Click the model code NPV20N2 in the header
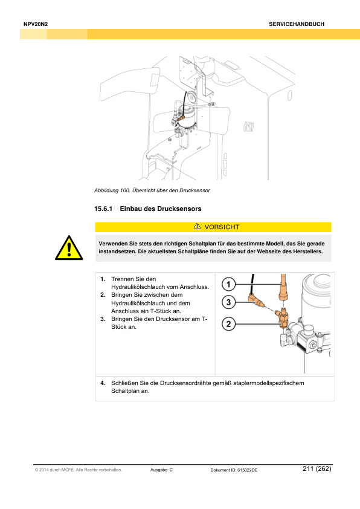click(x=36, y=24)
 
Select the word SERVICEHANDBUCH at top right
click(x=297, y=24)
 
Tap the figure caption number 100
click(x=125, y=190)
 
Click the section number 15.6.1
click(x=103, y=209)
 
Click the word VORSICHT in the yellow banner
click(x=222, y=227)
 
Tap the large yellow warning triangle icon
click(x=69, y=248)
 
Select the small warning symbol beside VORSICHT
click(x=197, y=226)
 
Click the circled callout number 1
click(x=229, y=284)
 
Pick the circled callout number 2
click(x=229, y=323)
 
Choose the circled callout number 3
click(x=229, y=302)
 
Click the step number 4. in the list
click(x=103, y=383)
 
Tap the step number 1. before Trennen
click(x=103, y=279)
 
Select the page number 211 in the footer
click(x=308, y=468)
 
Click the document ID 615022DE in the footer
click(x=248, y=470)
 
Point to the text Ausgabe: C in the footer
click(x=161, y=470)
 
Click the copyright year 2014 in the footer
click(x=43, y=470)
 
